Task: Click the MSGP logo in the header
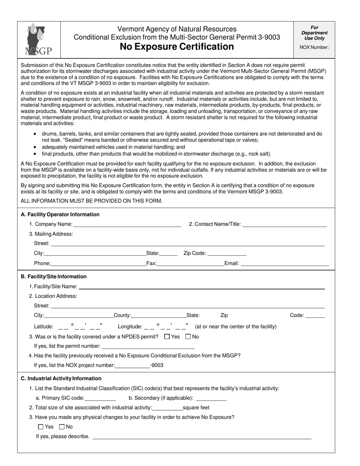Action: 39,39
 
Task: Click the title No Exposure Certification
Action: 177,47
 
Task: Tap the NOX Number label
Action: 314,47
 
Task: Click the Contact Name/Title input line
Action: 285,224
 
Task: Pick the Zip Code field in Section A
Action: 227,253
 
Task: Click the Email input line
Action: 285,263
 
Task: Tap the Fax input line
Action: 191,263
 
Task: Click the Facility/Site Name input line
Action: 202,286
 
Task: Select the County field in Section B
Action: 158,315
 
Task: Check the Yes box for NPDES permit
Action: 167,336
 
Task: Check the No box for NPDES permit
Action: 188,336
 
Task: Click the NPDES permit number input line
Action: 148,346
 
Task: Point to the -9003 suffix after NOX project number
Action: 157,365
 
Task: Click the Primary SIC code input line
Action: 100,398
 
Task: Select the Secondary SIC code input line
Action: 211,398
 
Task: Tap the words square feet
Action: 196,408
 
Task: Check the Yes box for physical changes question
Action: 41,427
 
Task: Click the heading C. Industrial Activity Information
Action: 61,378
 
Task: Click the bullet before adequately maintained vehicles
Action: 35,147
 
